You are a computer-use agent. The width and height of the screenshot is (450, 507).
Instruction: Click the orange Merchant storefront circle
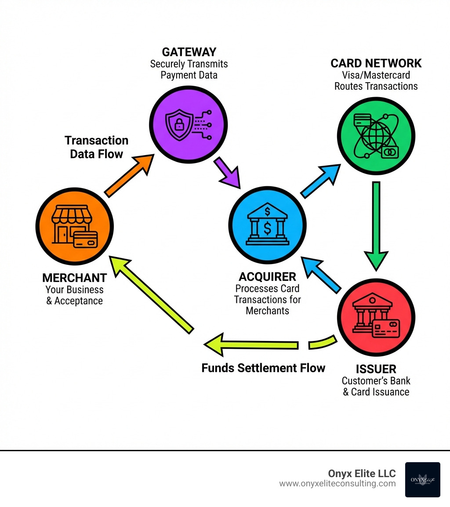tap(74, 226)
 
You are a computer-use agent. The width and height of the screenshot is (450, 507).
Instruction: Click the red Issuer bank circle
tap(376, 317)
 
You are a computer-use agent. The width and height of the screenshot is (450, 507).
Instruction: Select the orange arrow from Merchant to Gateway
tap(129, 175)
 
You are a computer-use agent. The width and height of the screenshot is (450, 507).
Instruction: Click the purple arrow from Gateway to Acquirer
tap(228, 173)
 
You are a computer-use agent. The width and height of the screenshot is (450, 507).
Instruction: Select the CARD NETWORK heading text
tap(376, 63)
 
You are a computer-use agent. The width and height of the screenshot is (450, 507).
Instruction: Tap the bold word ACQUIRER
tap(267, 277)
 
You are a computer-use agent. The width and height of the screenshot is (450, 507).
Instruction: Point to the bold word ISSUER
tap(376, 369)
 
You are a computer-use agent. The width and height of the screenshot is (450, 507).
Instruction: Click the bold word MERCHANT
tap(74, 278)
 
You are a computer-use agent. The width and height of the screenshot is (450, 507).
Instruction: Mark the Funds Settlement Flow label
tap(263, 368)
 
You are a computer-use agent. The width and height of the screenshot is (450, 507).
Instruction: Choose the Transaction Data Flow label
tap(97, 147)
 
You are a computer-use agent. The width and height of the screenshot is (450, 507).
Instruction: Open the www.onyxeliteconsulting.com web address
tap(337, 484)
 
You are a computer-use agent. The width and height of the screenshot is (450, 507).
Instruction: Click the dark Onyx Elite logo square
tap(422, 480)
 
